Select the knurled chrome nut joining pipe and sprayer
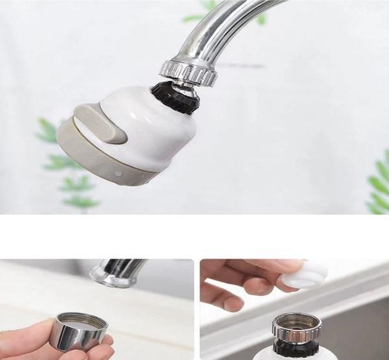188,71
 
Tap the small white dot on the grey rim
117,174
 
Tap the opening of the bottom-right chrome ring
296,321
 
